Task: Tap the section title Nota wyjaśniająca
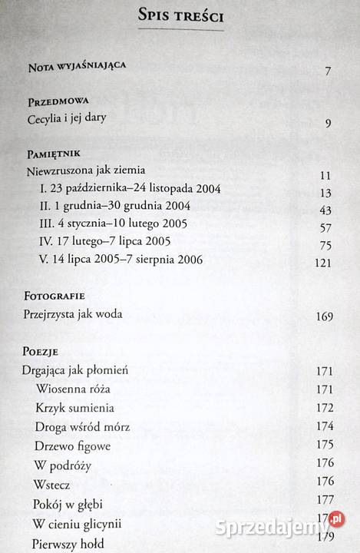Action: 76,66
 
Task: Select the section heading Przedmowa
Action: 58,101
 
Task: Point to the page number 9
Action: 327,122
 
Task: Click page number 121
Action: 322,263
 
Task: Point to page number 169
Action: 322,316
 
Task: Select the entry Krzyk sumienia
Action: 74,407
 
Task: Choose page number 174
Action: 322,426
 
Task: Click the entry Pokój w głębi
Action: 68,503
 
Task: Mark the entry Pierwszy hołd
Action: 66,542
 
